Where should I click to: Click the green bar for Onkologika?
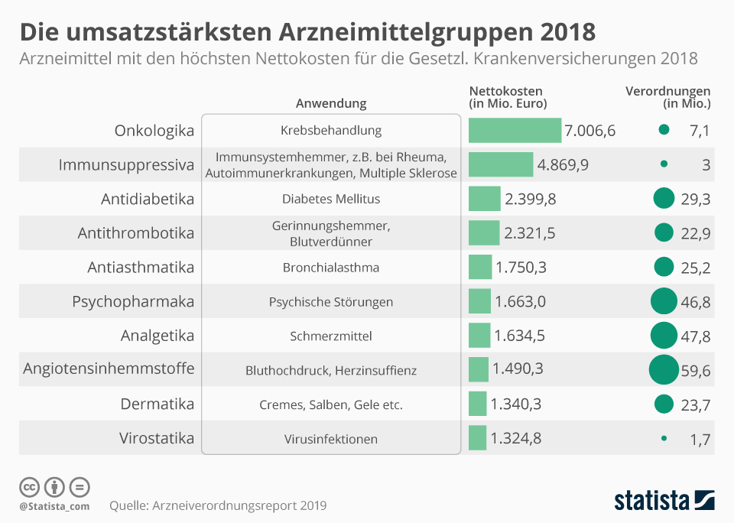[x=515, y=130]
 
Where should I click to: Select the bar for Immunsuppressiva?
[x=501, y=164]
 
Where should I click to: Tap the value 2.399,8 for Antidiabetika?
[x=530, y=199]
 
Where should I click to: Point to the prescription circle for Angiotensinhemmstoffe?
[x=663, y=370]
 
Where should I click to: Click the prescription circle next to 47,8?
[x=664, y=336]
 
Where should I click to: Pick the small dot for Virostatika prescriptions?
[x=663, y=438]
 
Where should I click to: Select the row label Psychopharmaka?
[x=133, y=301]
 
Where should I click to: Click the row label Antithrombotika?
[x=136, y=232]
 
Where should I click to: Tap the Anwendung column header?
[x=331, y=103]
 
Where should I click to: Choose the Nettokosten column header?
[x=508, y=97]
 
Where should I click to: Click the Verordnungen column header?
[x=667, y=97]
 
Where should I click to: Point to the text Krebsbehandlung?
[x=331, y=131]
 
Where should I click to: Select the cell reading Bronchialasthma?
[x=331, y=268]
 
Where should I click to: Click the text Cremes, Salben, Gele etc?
[x=331, y=404]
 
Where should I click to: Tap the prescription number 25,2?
[x=695, y=268]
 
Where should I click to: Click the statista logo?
[x=664, y=500]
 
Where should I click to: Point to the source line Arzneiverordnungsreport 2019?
[x=218, y=505]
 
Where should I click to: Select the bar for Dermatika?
[x=477, y=404]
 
